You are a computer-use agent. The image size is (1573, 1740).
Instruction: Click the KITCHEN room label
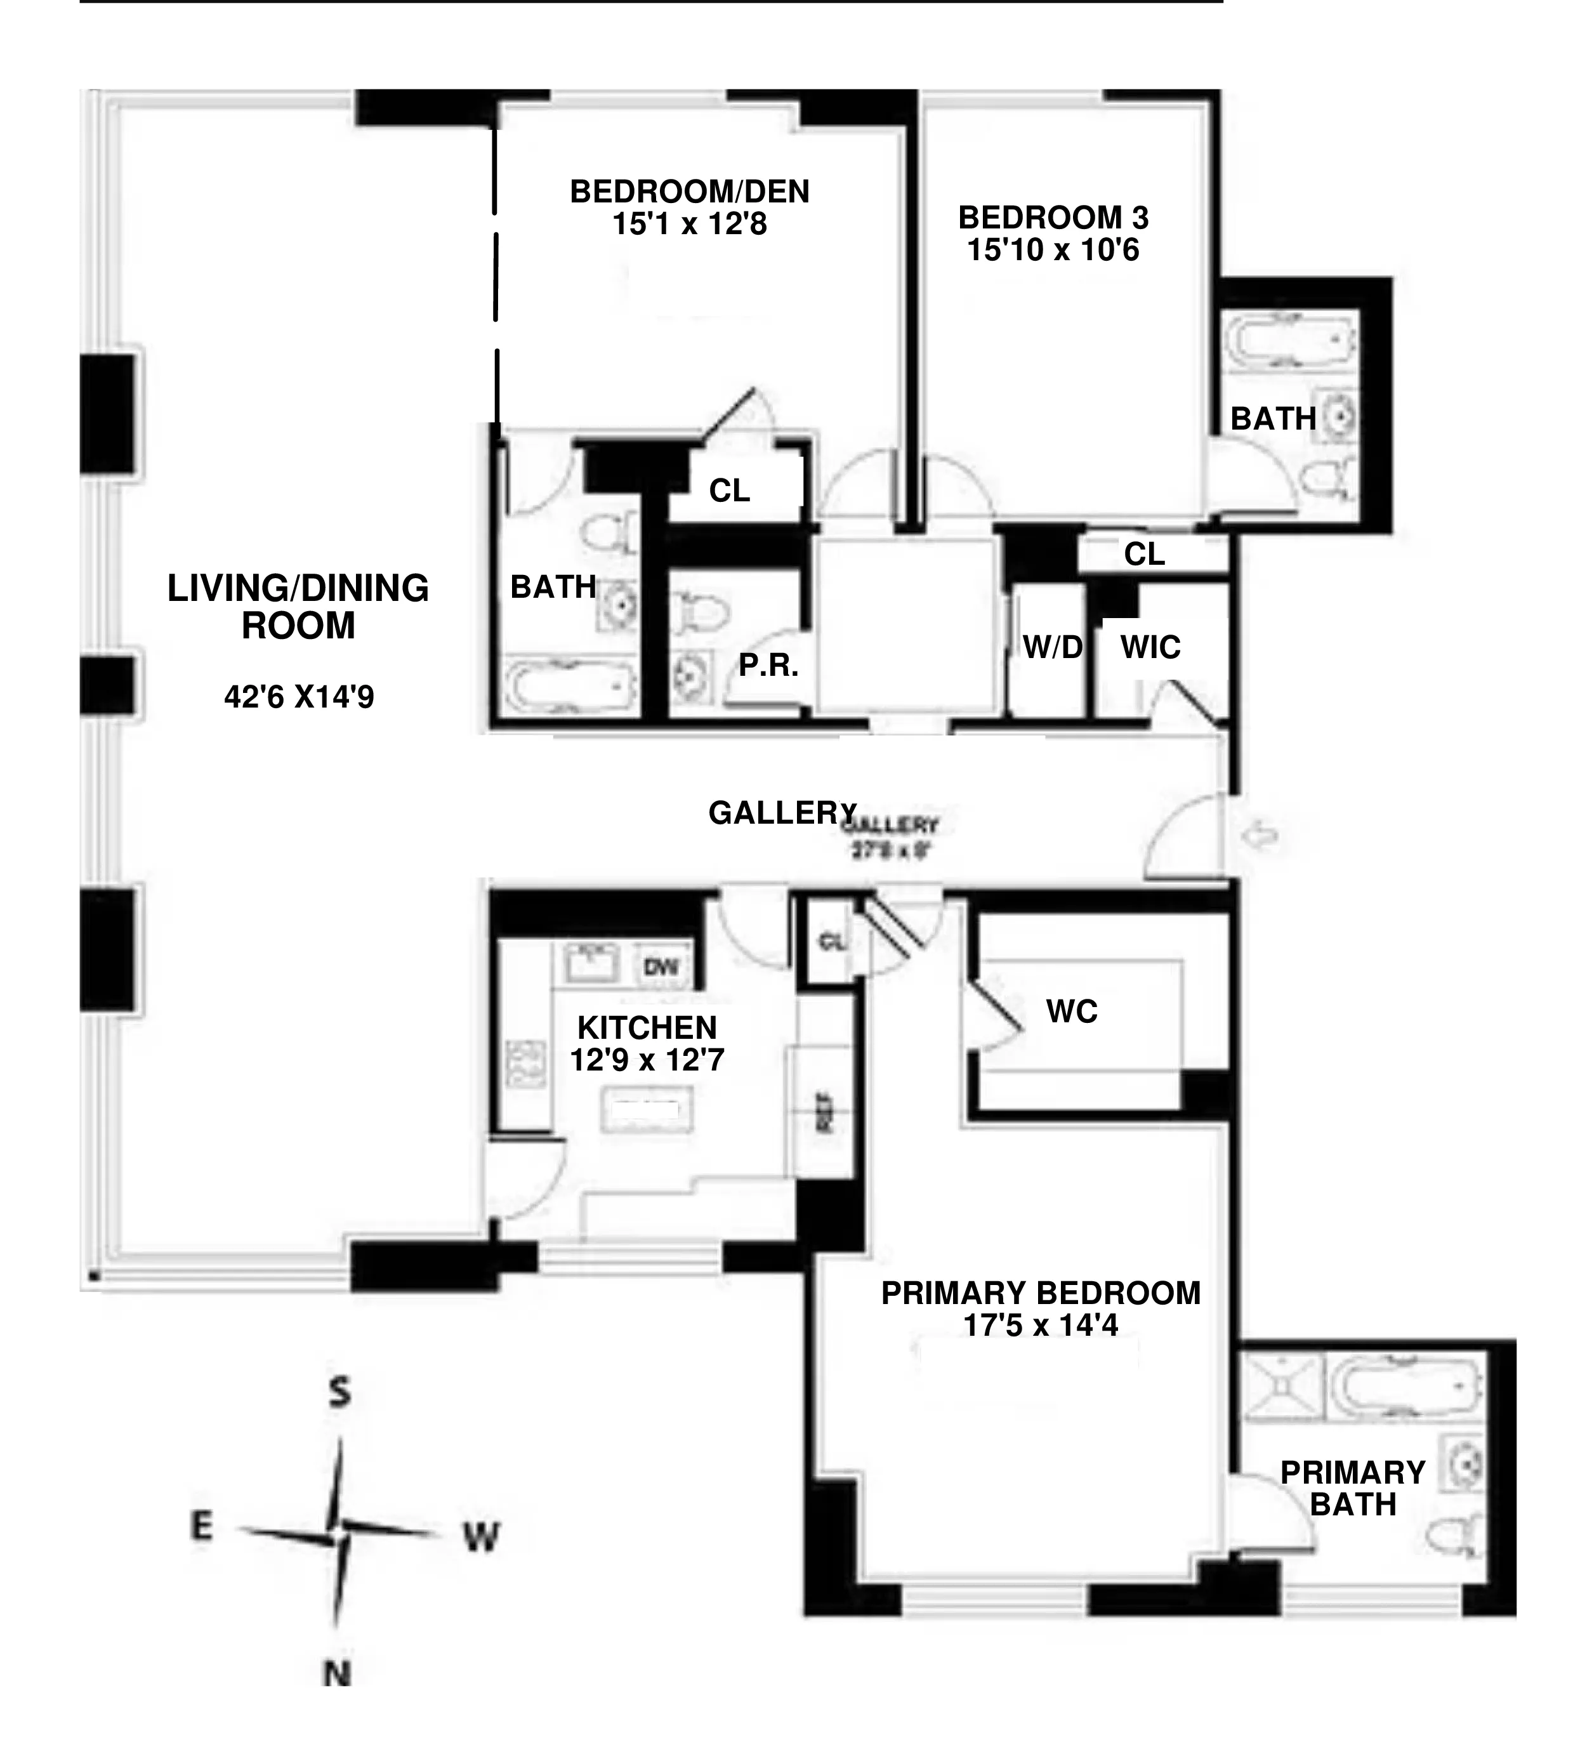(x=647, y=1028)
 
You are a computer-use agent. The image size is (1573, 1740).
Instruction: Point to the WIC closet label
(x=1150, y=647)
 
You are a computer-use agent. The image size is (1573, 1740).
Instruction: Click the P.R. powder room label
(x=768, y=664)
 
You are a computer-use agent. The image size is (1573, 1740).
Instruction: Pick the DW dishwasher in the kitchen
(x=661, y=966)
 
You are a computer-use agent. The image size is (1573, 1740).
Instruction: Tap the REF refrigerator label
(x=824, y=1114)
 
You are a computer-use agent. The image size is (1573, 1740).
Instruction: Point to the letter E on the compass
(x=201, y=1526)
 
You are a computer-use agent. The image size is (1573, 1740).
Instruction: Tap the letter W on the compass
(x=480, y=1536)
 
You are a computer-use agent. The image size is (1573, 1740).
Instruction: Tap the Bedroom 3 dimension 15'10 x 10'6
(x=1053, y=250)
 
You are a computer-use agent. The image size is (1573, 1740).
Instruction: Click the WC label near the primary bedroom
(x=1072, y=1011)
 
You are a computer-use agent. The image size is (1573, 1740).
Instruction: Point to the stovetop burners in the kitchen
(x=525, y=1064)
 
